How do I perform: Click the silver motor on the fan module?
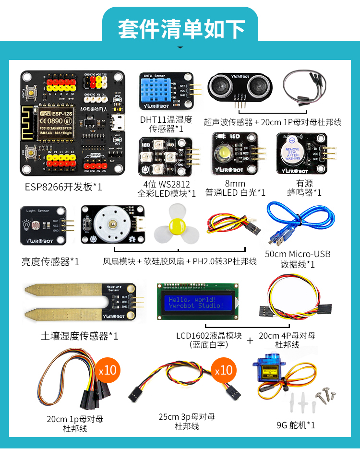(111, 225)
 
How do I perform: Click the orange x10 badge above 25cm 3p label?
(223, 370)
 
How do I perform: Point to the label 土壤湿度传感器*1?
(80, 336)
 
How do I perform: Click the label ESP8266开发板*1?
(63, 187)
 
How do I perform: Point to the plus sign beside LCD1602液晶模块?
(250, 341)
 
